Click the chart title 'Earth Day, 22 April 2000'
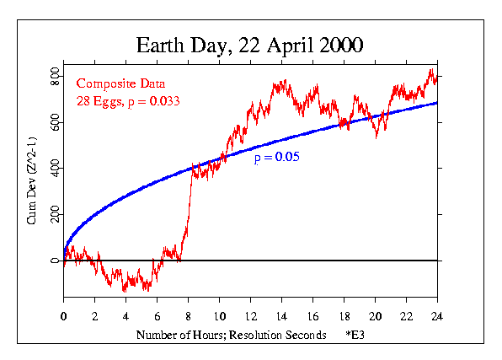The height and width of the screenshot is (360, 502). [x=250, y=45]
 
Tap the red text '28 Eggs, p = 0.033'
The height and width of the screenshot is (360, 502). [x=127, y=101]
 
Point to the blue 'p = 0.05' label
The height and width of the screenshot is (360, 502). [x=277, y=157]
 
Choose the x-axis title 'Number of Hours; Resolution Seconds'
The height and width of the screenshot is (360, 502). [x=232, y=336]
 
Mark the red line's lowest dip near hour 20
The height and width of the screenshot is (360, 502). [x=376, y=136]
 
